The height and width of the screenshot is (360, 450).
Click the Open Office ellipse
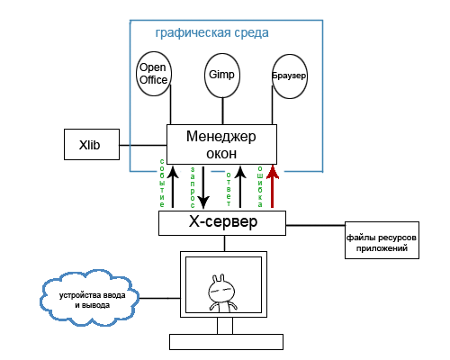tap(153, 74)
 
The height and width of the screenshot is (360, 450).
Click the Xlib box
tap(89, 144)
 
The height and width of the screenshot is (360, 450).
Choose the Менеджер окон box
tap(221, 144)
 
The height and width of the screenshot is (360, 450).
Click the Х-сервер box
tap(221, 222)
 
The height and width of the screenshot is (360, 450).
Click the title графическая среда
tap(211, 32)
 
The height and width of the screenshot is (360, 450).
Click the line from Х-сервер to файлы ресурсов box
tap(314, 224)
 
